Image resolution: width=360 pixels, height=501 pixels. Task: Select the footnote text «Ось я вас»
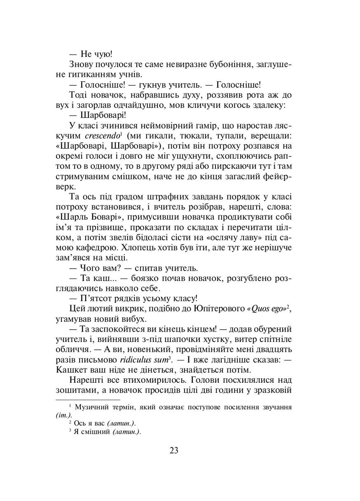tap(91, 423)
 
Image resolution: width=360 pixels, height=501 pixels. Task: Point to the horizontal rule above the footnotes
tap(87, 400)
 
